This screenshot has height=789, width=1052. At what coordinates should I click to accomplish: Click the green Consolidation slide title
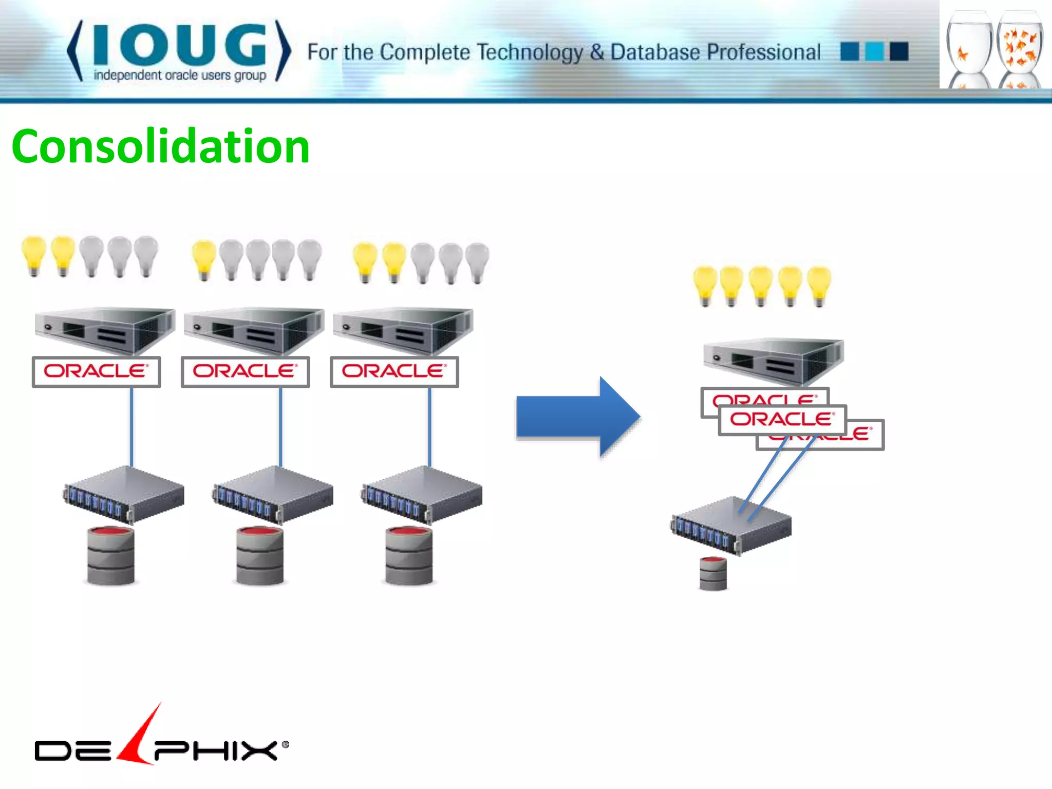[x=160, y=147]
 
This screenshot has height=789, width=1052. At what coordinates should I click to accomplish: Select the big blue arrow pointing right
[x=578, y=417]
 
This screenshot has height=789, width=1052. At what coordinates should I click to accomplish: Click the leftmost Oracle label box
[x=97, y=371]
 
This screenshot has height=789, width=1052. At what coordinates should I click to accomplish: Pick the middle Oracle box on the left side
[x=246, y=371]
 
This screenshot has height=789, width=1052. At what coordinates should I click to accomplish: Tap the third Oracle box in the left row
[x=394, y=371]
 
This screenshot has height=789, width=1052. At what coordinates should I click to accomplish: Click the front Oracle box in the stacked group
[x=782, y=420]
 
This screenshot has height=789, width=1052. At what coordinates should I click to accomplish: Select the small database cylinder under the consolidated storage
[x=713, y=573]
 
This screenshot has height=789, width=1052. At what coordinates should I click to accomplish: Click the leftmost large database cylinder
[x=111, y=556]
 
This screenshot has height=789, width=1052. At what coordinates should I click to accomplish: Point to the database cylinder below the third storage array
[x=409, y=556]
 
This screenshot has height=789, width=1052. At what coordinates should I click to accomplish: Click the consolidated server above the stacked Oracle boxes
[x=773, y=361]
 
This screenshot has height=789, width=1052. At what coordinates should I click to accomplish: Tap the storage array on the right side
[x=731, y=525]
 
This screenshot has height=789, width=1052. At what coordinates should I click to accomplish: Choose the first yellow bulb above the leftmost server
[x=34, y=254]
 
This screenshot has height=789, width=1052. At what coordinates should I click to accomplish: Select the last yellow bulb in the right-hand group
[x=819, y=285]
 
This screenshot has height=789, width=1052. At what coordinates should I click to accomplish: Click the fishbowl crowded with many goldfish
[x=1020, y=49]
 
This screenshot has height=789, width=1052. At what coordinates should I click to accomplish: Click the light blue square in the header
[x=874, y=51]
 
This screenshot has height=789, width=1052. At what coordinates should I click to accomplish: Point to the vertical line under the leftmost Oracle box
[x=131, y=426]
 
